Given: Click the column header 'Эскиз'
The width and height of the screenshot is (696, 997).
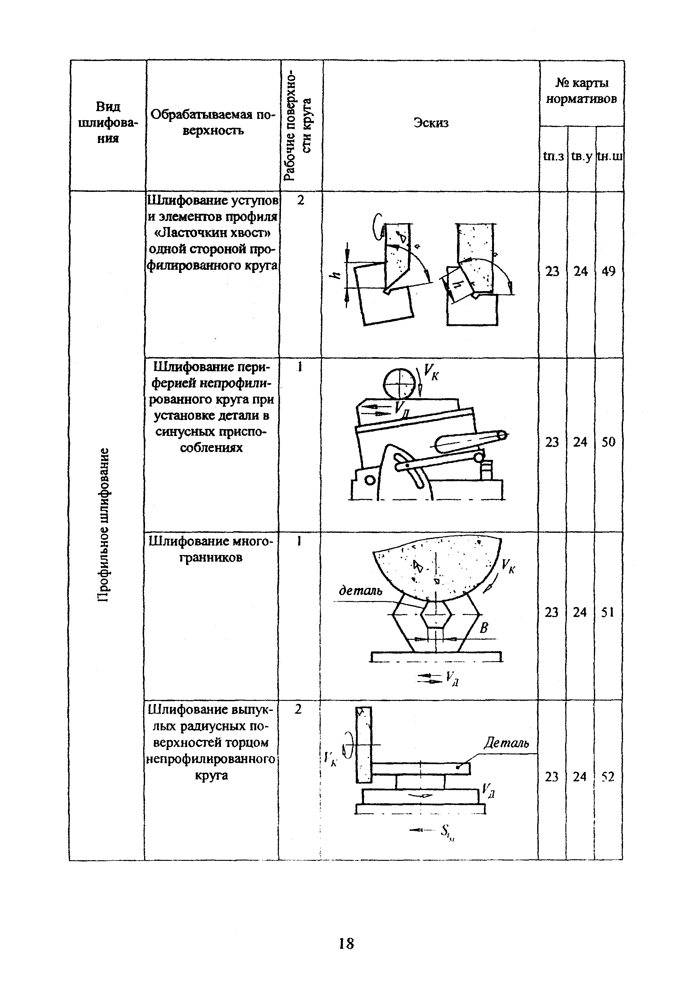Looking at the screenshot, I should tap(431, 123).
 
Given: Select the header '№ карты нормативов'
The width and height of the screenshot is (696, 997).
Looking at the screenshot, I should tap(581, 91).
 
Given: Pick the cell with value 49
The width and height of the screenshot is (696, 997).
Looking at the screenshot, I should tap(609, 271).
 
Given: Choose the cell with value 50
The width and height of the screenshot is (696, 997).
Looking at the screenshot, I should tap(608, 442).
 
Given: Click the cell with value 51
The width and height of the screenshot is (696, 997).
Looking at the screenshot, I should tap(608, 612).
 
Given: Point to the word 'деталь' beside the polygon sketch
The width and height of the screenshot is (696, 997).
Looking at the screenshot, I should tap(360, 591).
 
